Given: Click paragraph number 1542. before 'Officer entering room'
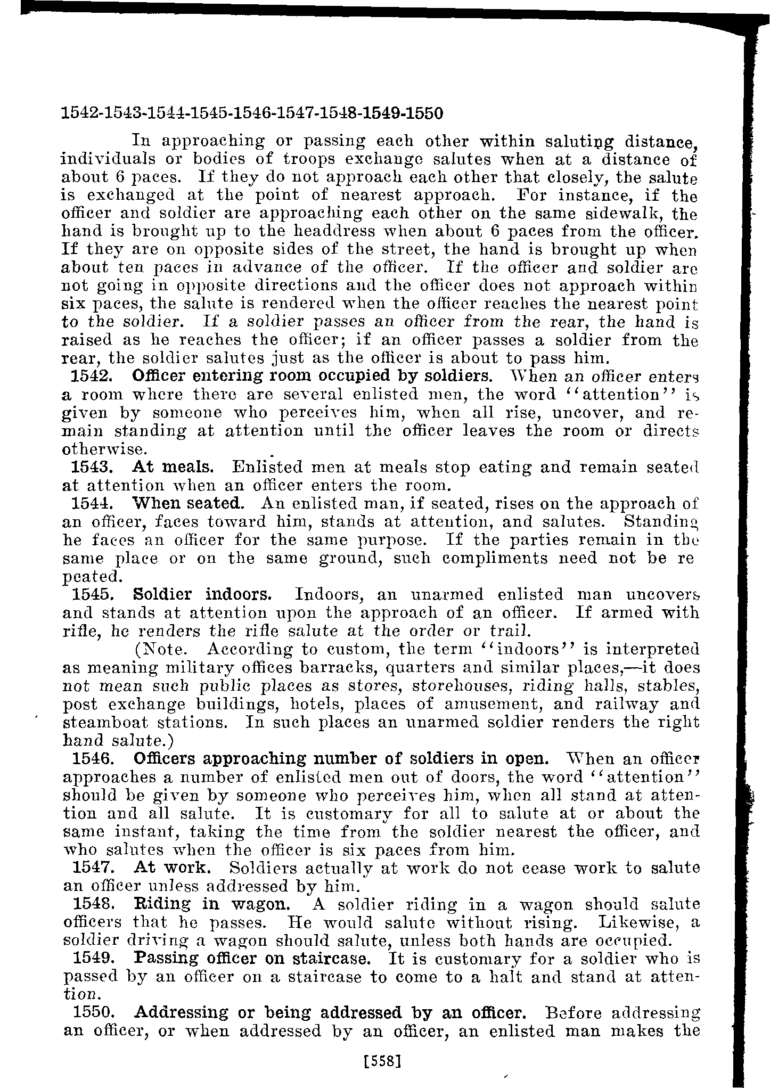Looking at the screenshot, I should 91,376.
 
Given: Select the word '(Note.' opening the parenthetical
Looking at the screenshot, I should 160,649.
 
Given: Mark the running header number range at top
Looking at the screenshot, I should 252,113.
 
